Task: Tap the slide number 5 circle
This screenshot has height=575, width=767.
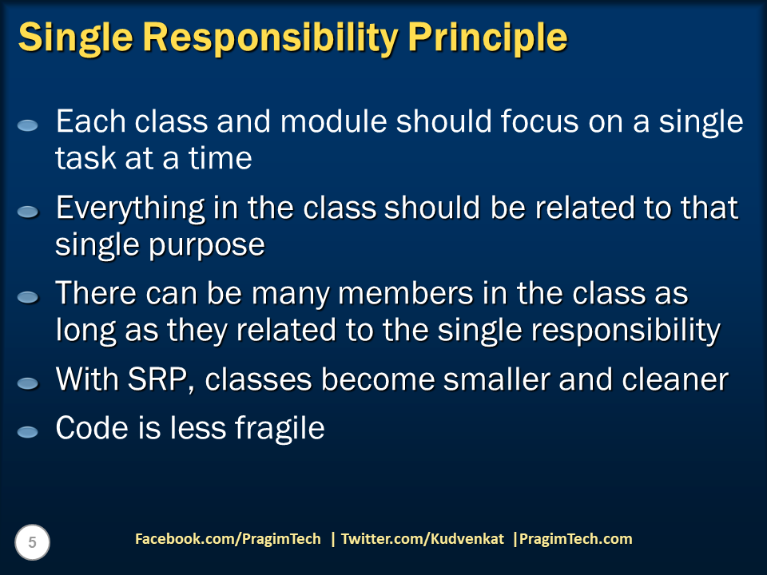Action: [x=33, y=543]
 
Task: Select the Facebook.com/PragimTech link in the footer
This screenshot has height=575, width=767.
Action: [x=228, y=539]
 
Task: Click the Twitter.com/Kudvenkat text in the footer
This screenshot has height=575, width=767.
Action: [x=423, y=539]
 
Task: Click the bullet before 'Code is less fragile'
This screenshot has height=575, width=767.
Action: [x=28, y=431]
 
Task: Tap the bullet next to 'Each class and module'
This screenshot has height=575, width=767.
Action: [x=28, y=125]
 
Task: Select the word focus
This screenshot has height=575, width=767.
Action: [x=533, y=121]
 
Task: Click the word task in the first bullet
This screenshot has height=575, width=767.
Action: [x=84, y=157]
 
